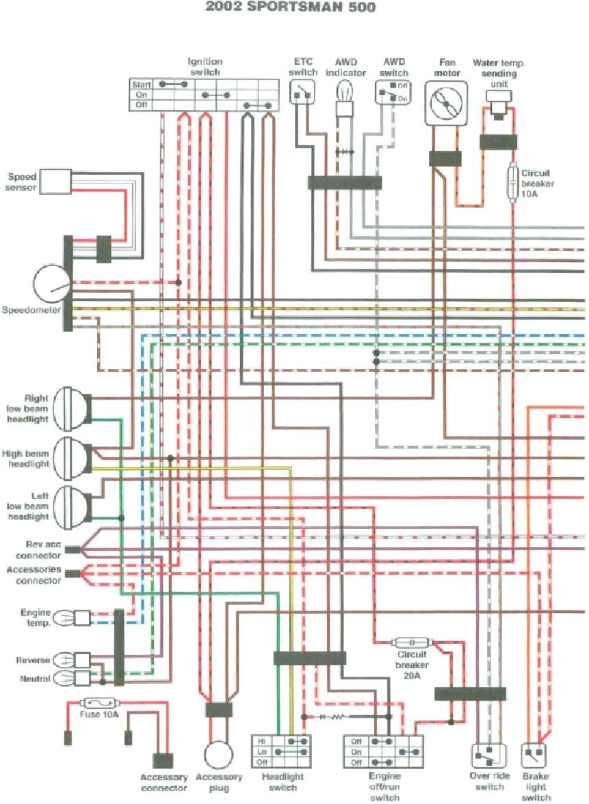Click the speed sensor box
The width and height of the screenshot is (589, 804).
click(55, 180)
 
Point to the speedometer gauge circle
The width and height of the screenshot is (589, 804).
click(51, 283)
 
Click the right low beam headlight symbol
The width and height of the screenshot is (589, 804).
click(72, 408)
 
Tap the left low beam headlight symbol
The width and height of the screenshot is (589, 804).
click(72, 506)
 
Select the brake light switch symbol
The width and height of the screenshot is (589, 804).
click(534, 756)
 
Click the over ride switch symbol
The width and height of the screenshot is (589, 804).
click(488, 756)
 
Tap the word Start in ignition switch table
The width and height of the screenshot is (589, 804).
click(141, 84)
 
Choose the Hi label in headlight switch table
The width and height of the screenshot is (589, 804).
click(261, 741)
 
